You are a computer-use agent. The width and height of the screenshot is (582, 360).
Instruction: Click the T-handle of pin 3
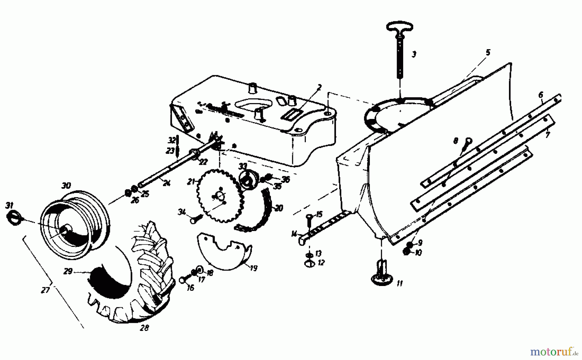pyautogui.click(x=400, y=26)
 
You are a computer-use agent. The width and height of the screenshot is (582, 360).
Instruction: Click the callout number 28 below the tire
pyautogui.click(x=145, y=328)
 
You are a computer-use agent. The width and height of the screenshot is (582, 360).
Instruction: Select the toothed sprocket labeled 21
pyautogui.click(x=219, y=196)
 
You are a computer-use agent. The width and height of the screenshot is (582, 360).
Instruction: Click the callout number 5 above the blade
pyautogui.click(x=488, y=52)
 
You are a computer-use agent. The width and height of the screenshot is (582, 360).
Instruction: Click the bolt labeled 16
pyautogui.click(x=183, y=280)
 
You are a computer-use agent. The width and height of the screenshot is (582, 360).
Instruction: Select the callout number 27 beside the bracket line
pyautogui.click(x=45, y=290)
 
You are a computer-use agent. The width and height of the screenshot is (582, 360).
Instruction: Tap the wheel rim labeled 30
pyautogui.click(x=76, y=220)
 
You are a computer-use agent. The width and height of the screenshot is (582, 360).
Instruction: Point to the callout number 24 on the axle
pyautogui.click(x=166, y=183)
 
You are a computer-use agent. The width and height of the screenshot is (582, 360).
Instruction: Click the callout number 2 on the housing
pyautogui.click(x=319, y=87)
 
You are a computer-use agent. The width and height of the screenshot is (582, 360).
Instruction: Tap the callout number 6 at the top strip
pyautogui.click(x=541, y=95)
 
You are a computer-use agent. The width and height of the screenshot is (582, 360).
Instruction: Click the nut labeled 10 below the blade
pyautogui.click(x=407, y=252)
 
